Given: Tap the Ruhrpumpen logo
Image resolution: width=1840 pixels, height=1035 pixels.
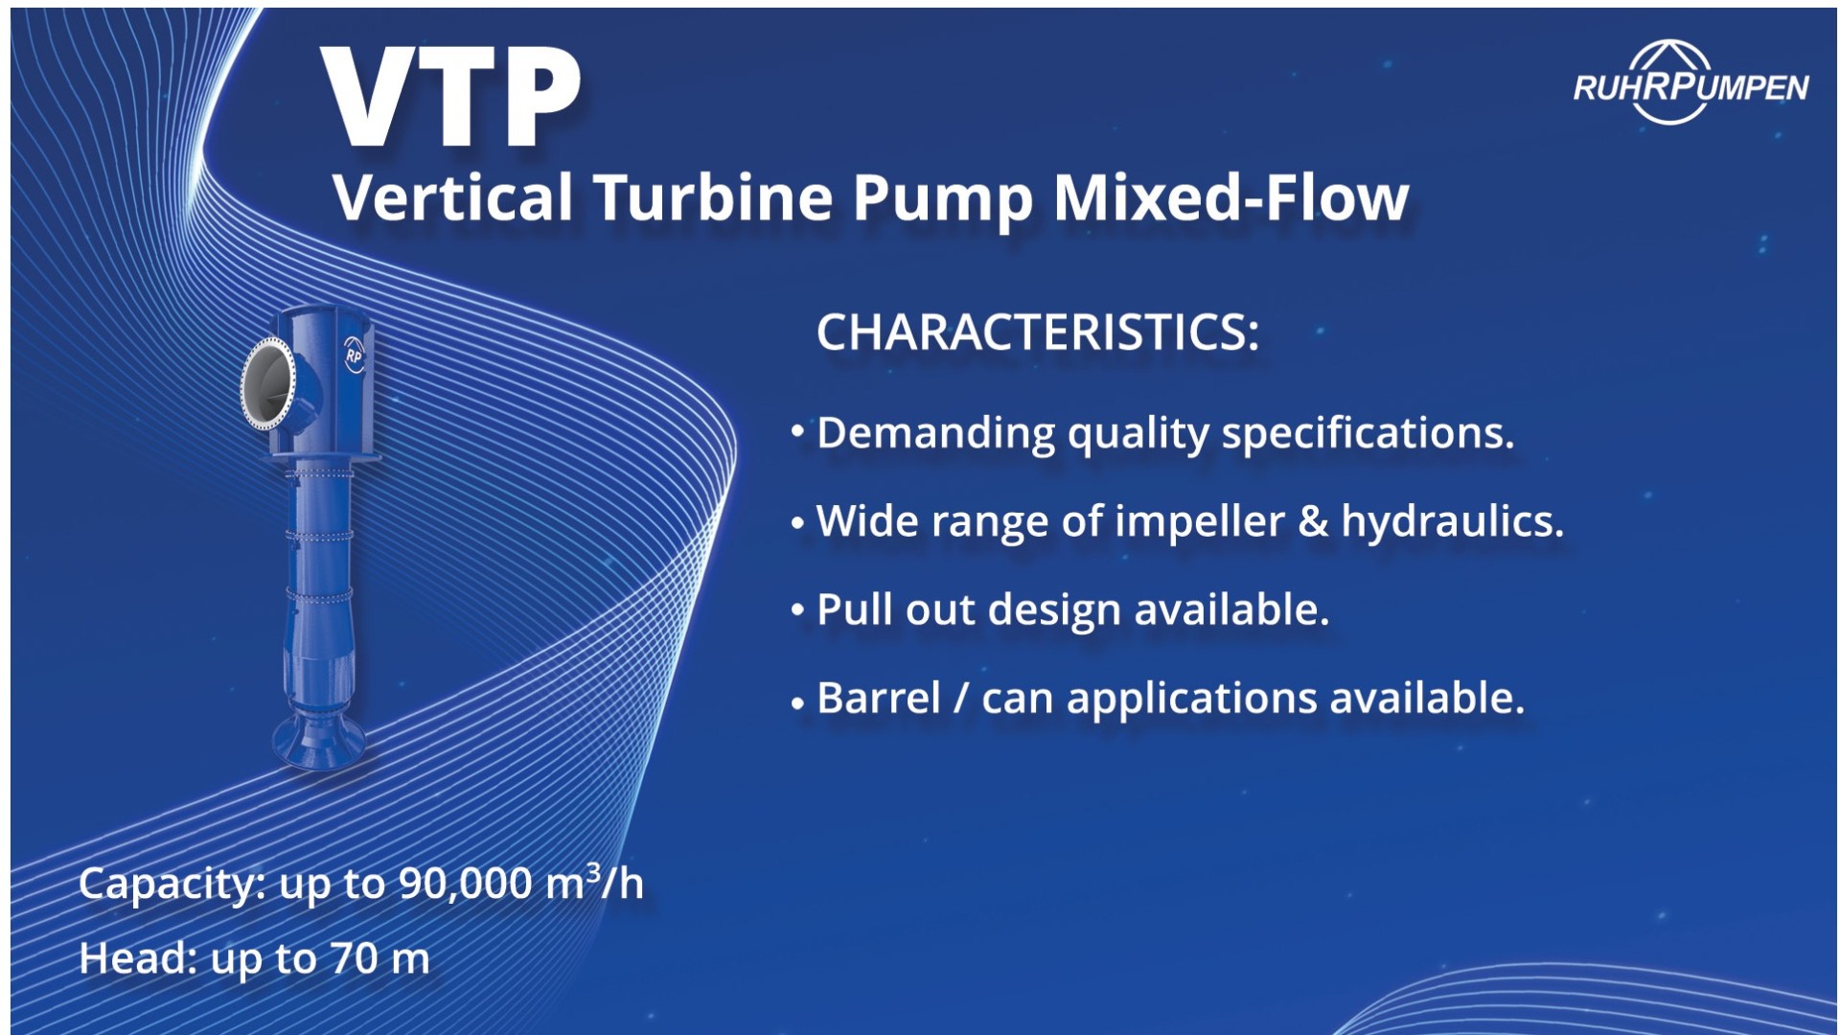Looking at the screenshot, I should pos(1690,85).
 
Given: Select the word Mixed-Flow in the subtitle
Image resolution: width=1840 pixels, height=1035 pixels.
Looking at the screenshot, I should pos(1230,198).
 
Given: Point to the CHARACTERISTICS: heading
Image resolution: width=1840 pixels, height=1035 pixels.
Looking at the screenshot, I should pos(1037,333).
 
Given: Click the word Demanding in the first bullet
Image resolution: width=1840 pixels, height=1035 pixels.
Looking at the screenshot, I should pos(935,434).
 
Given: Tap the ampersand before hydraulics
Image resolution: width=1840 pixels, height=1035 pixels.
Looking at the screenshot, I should pos(1312,522).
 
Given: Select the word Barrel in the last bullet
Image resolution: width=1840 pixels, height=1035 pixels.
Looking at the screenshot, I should pos(878,698).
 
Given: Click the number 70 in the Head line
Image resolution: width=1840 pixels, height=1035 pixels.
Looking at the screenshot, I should pos(354,958).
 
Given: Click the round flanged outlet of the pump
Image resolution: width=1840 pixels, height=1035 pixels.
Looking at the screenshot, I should pos(267,381).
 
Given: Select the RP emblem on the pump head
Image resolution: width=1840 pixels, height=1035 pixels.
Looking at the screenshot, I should pos(354,354).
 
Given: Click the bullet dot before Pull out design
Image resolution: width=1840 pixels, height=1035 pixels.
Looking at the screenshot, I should pos(797,610).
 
